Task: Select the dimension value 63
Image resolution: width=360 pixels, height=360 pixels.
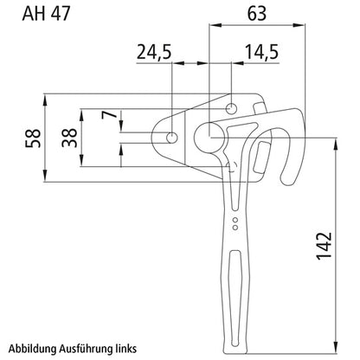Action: [255, 16]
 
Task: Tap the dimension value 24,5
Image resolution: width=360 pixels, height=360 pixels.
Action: [154, 53]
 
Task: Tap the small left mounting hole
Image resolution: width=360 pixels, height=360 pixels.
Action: [172, 138]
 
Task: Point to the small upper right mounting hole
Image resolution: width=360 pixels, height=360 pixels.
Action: [233, 107]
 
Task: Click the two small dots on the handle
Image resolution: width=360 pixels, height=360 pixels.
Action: [234, 225]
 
